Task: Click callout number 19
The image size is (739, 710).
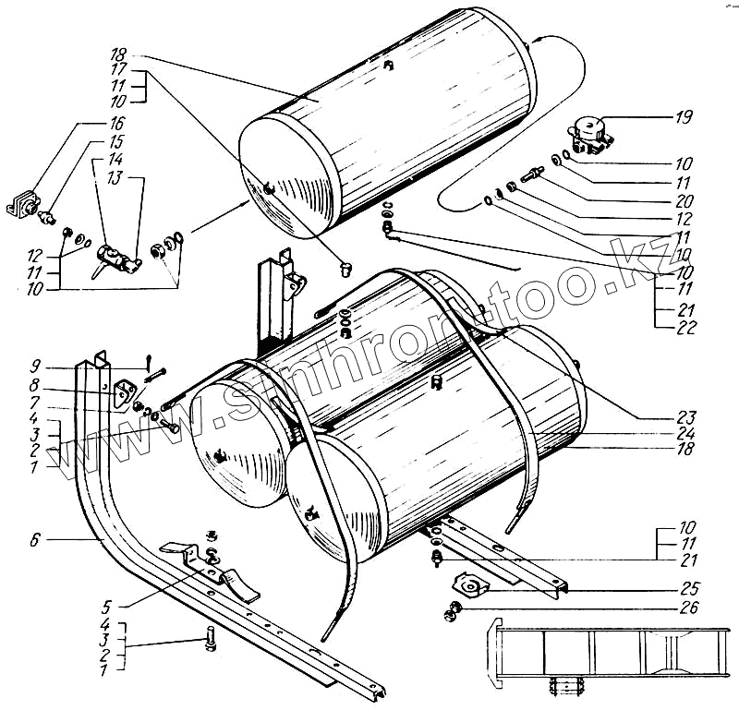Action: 684,117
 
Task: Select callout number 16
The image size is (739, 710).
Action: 116,122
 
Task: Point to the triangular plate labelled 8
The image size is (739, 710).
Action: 121,392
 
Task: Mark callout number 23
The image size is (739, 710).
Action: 684,416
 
